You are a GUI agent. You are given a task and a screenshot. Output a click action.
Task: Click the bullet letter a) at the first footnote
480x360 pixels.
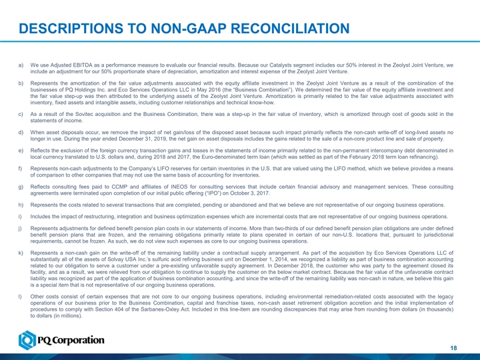coord(23,65)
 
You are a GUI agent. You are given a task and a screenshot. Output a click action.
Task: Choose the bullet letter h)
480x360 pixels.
coord(23,205)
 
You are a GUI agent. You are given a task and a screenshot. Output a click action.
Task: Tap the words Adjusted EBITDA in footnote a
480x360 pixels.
coord(64,65)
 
